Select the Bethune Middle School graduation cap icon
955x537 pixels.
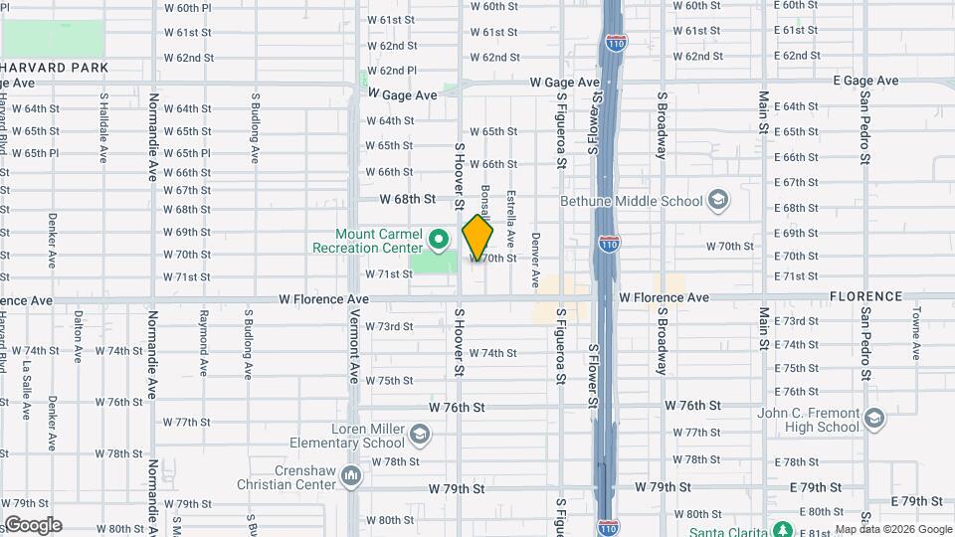coord(716,201)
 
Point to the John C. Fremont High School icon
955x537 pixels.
coord(874,417)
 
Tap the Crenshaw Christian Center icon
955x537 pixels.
coord(350,476)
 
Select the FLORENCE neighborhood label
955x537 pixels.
coord(865,296)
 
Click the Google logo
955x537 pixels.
coord(32,525)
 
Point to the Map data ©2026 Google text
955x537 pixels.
coord(892,530)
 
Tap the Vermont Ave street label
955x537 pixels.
coord(354,345)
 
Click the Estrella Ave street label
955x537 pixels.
coord(510,218)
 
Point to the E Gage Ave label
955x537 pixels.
coord(865,81)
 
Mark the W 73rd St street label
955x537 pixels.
coord(389,326)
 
